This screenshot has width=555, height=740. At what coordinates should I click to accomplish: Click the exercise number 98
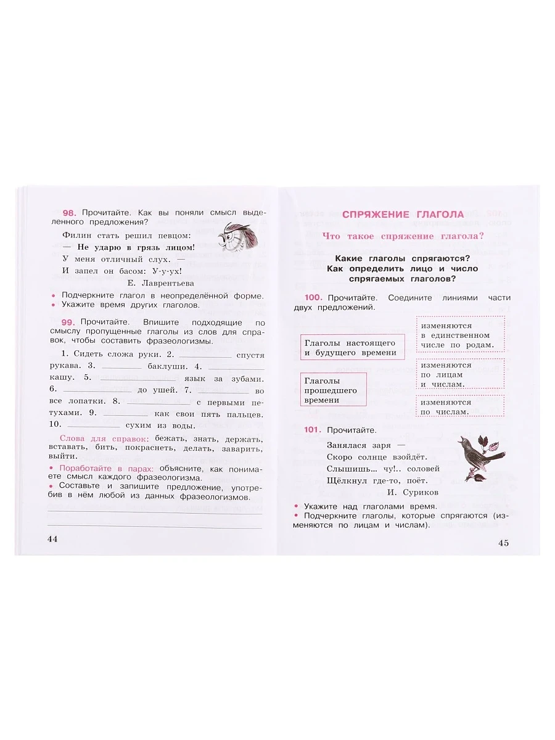point(68,211)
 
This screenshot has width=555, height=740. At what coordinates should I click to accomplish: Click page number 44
point(52,540)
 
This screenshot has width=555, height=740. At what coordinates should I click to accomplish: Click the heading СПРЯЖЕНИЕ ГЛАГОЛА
point(403,215)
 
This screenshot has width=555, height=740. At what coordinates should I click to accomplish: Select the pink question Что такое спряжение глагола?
point(403,236)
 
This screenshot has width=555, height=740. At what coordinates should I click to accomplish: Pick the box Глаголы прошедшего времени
point(333,390)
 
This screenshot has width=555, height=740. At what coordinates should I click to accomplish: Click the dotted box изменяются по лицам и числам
point(460,374)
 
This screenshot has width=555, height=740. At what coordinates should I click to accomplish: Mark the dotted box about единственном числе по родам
point(460,334)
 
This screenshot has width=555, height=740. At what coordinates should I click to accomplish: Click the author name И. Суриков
point(413,493)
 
